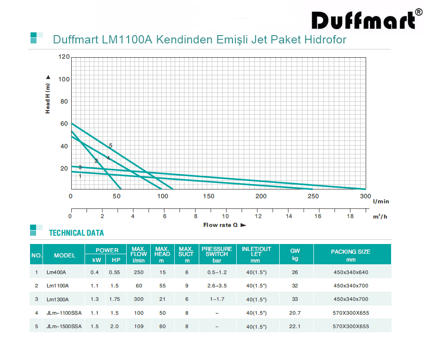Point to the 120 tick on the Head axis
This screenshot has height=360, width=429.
pyautogui.click(x=63, y=57)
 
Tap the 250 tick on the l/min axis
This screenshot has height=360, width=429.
pyautogui.click(x=313, y=196)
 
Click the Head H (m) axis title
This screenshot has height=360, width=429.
pyautogui.click(x=48, y=94)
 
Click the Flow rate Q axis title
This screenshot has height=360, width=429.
pyautogui.click(x=224, y=225)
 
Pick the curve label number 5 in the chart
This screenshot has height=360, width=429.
pyautogui.click(x=110, y=146)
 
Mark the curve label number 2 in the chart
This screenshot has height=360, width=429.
pyautogui.click(x=96, y=161)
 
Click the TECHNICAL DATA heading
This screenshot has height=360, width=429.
pyautogui.click(x=76, y=233)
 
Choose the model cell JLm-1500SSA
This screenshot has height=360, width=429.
pyautogui.click(x=64, y=326)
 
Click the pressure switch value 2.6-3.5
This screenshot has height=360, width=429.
pyautogui.click(x=217, y=286)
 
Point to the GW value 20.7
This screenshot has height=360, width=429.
pyautogui.click(x=295, y=313)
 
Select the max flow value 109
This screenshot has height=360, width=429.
pyautogui.click(x=139, y=326)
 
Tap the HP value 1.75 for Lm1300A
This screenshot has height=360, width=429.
pyautogui.click(x=114, y=299)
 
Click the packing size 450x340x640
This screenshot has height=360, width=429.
pyautogui.click(x=351, y=272)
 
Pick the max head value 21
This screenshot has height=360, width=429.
pyautogui.click(x=162, y=299)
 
